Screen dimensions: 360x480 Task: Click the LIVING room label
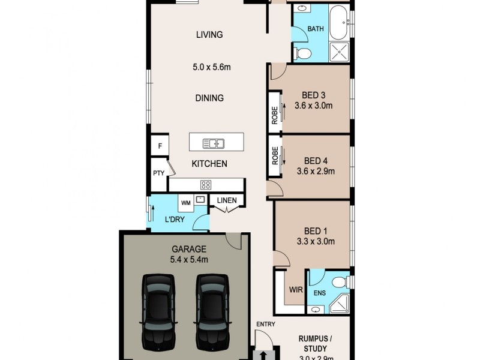pyautogui.click(x=209, y=35)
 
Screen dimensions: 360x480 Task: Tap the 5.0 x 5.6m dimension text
pyautogui.click(x=209, y=67)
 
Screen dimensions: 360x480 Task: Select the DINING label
pyautogui.click(x=209, y=98)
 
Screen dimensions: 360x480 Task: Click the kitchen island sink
pyautogui.click(x=213, y=143)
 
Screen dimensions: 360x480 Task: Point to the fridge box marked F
pyautogui.click(x=160, y=146)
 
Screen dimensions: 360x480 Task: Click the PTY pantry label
pyautogui.click(x=158, y=173)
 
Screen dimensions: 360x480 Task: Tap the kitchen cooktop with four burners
pyautogui.click(x=205, y=185)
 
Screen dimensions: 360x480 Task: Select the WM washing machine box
pyautogui.click(x=185, y=203)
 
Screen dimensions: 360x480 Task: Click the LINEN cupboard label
pyautogui.click(x=226, y=200)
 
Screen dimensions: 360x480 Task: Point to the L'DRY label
pyautogui.click(x=175, y=220)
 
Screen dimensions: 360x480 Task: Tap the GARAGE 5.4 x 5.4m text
pyautogui.click(x=189, y=254)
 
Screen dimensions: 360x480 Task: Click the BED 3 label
pyautogui.click(x=313, y=95)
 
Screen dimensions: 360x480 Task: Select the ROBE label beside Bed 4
pyautogui.click(x=275, y=158)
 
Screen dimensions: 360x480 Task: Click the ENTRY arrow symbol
pyautogui.click(x=263, y=355)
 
